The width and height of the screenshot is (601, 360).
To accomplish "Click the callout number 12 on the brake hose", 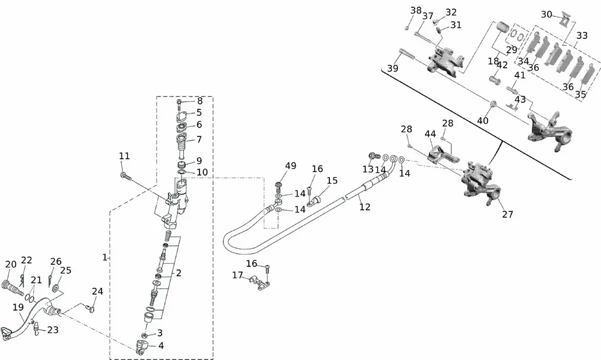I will point(365,207).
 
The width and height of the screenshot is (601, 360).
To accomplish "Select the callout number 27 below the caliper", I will point(508,214).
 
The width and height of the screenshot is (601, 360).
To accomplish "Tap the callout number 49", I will point(291,166).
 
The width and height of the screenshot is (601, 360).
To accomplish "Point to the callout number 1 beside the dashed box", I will point(105,257).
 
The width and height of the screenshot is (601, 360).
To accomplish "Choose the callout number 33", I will point(582,35).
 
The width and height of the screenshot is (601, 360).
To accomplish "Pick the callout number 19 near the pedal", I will point(19,308).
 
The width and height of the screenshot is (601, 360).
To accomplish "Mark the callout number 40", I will point(483,120).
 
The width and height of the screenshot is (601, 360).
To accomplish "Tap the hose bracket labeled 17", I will point(259,281).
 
